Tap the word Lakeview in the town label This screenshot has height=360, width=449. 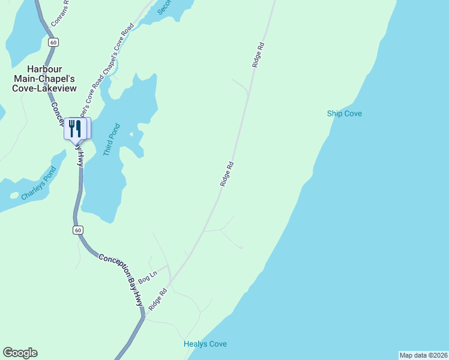59,88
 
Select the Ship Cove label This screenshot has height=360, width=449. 345,113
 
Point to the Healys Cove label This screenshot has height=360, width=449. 205,344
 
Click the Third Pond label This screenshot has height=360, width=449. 112,140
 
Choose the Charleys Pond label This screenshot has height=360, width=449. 38,189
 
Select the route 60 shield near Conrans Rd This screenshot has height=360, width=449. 54,42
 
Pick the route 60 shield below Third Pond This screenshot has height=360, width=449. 78,230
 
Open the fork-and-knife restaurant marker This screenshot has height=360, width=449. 75,128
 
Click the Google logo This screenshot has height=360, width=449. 20,353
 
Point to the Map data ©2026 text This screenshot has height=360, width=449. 423,355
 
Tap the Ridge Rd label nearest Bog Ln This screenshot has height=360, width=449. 158,299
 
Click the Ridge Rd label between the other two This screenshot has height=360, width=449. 227,173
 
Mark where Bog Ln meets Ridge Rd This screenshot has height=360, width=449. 170,280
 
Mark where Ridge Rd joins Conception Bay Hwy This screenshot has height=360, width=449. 145,316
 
